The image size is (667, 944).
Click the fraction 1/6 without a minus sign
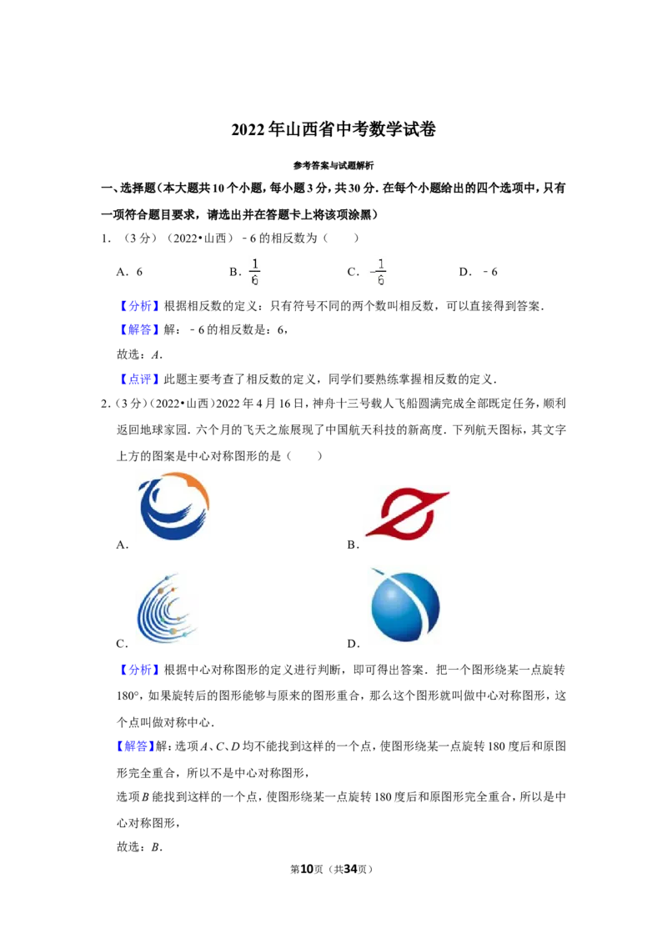256,271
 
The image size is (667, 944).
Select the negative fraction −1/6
378,271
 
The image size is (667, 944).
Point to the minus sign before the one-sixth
372,272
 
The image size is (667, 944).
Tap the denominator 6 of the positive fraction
256,280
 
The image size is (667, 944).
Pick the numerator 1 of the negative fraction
381,264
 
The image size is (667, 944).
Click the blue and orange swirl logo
173,507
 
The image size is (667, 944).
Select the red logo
407,514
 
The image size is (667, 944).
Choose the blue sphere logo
407,604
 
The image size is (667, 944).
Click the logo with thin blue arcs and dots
167,607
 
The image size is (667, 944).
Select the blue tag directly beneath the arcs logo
139,670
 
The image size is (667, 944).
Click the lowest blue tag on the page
134,746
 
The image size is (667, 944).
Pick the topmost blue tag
139,306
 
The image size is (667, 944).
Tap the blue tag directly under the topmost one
139,330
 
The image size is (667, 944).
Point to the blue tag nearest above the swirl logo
139,380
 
